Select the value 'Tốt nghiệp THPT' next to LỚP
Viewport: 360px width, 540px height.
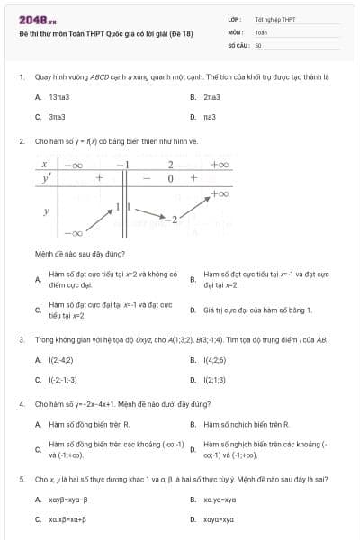pos(274,19)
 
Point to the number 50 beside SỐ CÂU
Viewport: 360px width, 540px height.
pos(258,44)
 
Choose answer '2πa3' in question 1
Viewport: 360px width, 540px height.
pos(212,96)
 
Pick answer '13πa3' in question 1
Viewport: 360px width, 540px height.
pos(59,96)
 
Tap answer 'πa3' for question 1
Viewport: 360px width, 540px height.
pos(211,116)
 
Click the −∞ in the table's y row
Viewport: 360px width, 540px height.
pos(72,233)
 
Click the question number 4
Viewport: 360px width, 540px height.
pos(21,404)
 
